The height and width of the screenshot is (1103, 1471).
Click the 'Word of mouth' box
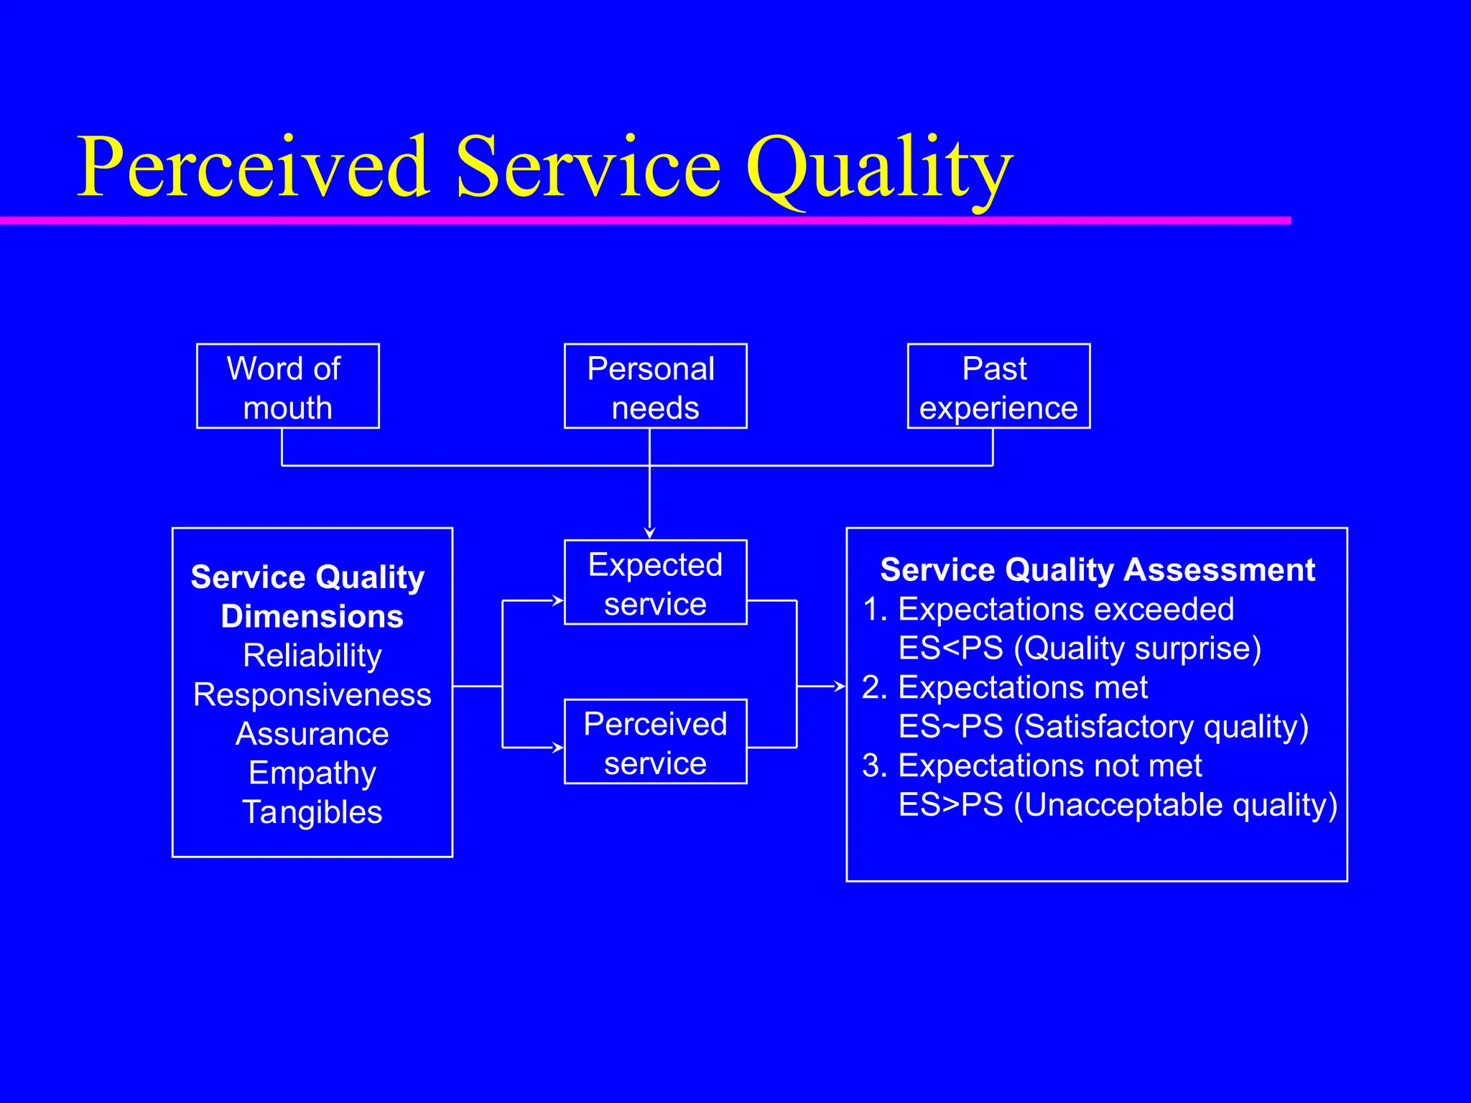point(287,386)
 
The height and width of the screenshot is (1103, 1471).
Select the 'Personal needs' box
point(655,386)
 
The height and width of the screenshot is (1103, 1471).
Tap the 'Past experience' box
point(998,386)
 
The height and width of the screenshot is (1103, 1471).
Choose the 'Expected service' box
point(655,582)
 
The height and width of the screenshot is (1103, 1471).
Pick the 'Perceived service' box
point(655,742)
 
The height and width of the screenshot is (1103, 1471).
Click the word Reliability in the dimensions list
point(312,656)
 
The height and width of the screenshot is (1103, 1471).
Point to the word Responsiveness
point(312,695)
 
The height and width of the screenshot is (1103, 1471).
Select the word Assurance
point(312,734)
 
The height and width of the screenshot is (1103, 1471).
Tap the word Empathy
point(312,773)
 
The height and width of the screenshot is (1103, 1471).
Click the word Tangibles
point(312,812)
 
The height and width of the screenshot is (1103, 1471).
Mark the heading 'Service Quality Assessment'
point(1097,569)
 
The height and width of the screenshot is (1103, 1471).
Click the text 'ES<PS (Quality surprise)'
point(1080,648)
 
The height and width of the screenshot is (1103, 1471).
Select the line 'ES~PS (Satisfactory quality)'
point(1103,727)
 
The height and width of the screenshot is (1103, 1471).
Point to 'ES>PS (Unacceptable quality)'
point(1118,805)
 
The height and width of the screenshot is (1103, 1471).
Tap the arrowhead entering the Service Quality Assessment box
point(840,687)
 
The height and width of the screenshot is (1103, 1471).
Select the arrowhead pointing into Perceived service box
point(558,748)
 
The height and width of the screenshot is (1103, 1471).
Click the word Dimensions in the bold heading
point(312,617)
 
